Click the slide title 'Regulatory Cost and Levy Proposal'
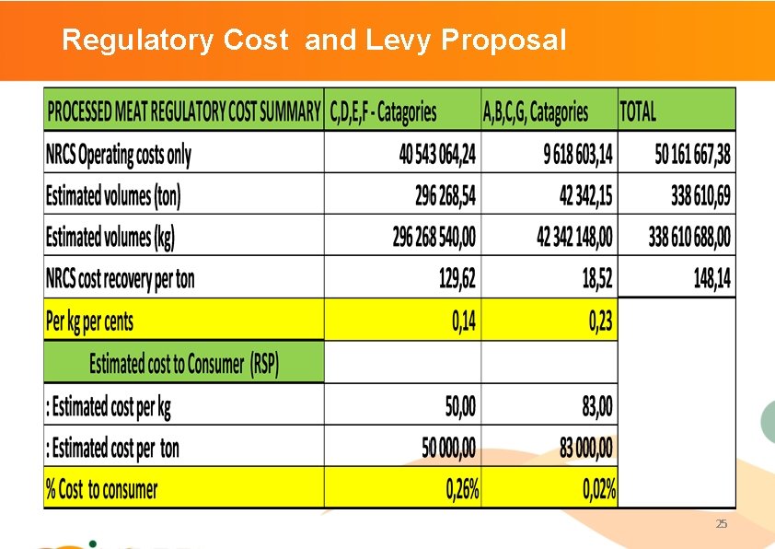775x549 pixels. (x=313, y=41)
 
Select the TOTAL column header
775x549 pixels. (x=638, y=112)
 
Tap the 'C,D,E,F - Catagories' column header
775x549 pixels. (x=383, y=112)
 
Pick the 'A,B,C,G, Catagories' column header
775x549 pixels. (x=535, y=112)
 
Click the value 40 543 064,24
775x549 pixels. (x=437, y=155)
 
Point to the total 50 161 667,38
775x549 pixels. (x=692, y=155)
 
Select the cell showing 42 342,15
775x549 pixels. (x=573, y=196)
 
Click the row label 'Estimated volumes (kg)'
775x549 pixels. (x=110, y=238)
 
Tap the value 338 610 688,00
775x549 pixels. (x=689, y=238)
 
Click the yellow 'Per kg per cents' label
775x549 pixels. (x=89, y=321)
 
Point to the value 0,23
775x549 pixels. (x=600, y=321)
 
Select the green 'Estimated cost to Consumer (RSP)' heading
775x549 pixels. (x=183, y=363)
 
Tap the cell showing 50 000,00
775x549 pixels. (x=449, y=449)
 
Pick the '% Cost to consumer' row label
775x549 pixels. (x=101, y=489)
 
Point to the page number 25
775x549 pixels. (x=721, y=524)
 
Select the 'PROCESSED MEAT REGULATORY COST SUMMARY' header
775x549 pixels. (x=184, y=112)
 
